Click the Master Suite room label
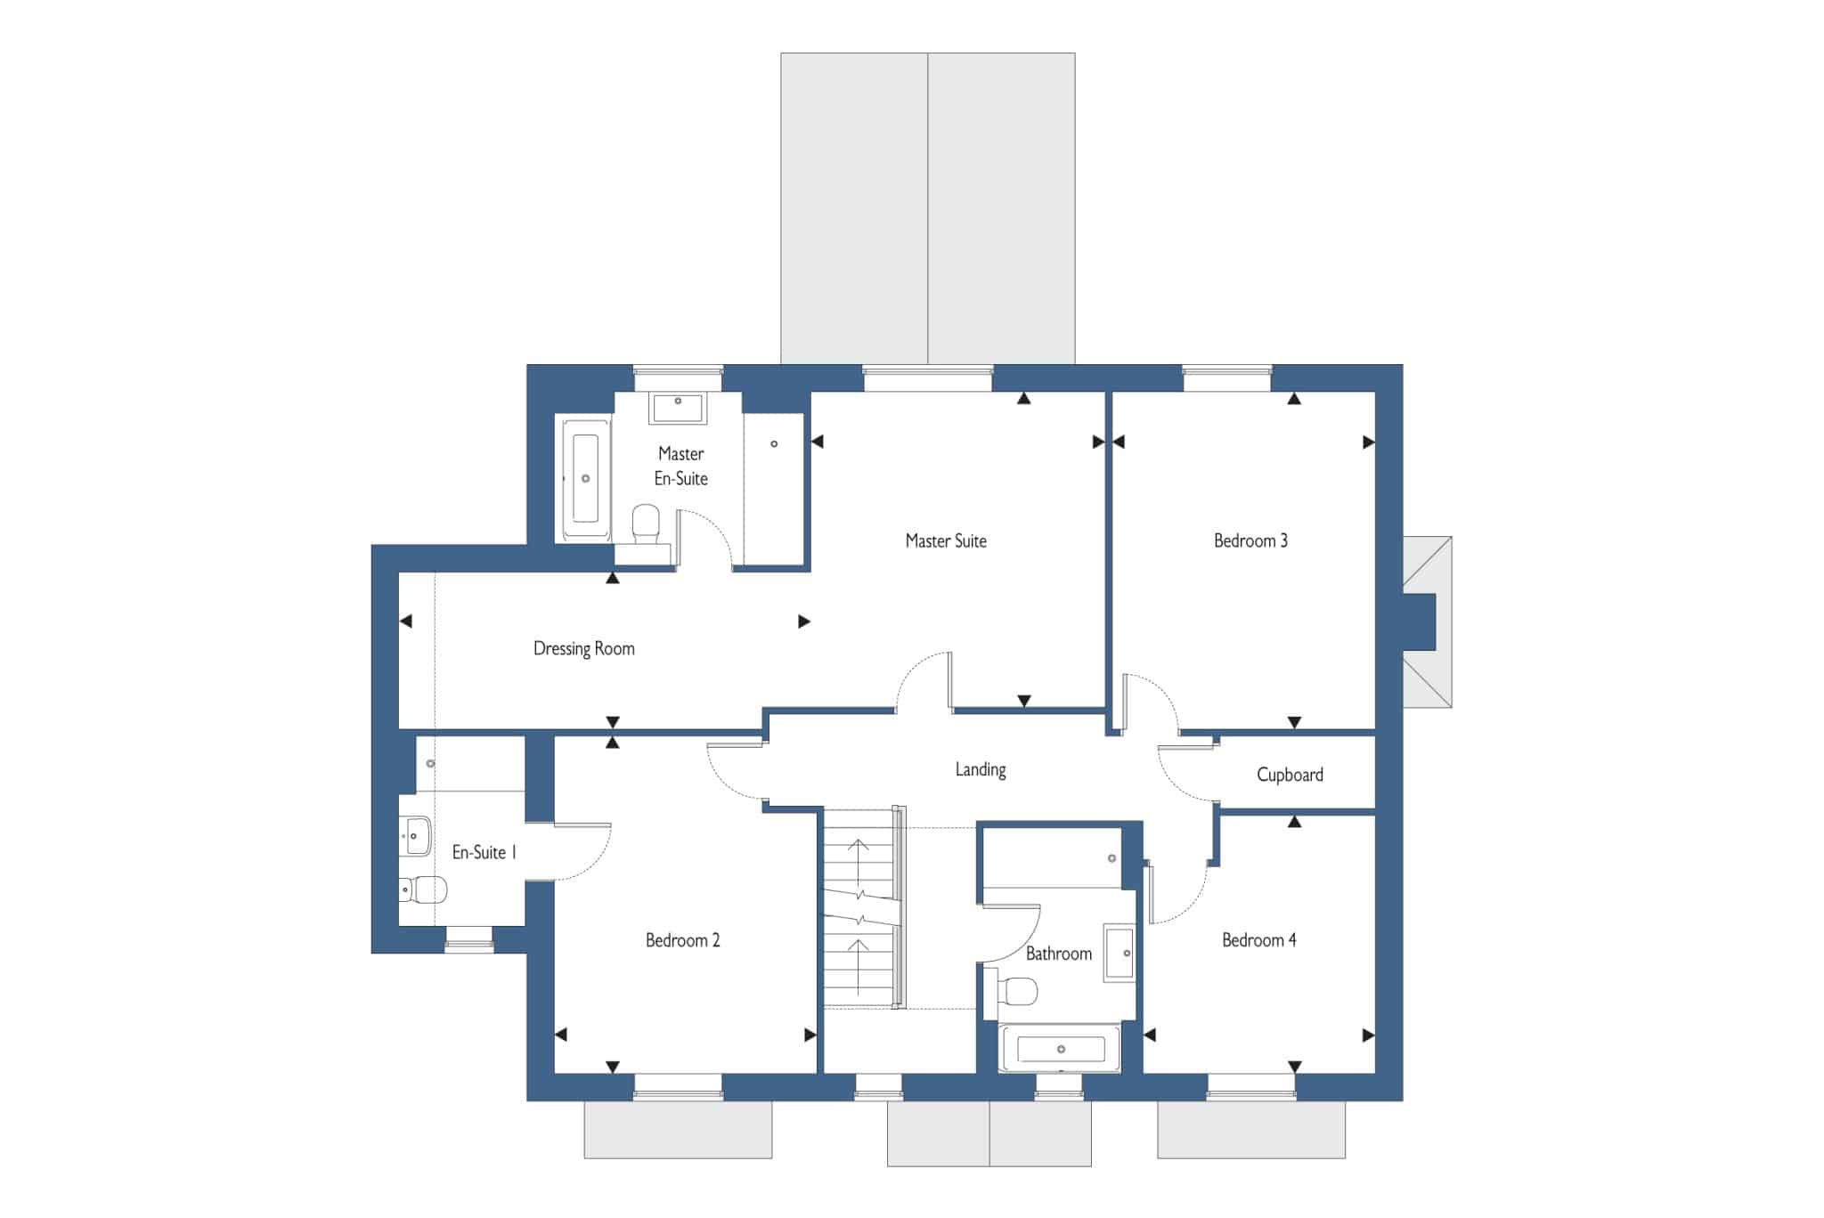(946, 540)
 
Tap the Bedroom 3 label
(1250, 540)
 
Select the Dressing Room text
(584, 649)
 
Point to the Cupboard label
(1290, 775)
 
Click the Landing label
(981, 769)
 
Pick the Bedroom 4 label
(1259, 940)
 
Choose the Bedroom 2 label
(683, 940)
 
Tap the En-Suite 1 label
(484, 853)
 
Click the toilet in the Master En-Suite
(646, 524)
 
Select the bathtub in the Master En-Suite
(586, 478)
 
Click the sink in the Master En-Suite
(678, 408)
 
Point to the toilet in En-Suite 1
(422, 889)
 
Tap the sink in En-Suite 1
(415, 836)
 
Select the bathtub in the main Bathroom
(1060, 1048)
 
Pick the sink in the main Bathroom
(1120, 954)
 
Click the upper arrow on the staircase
(859, 858)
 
